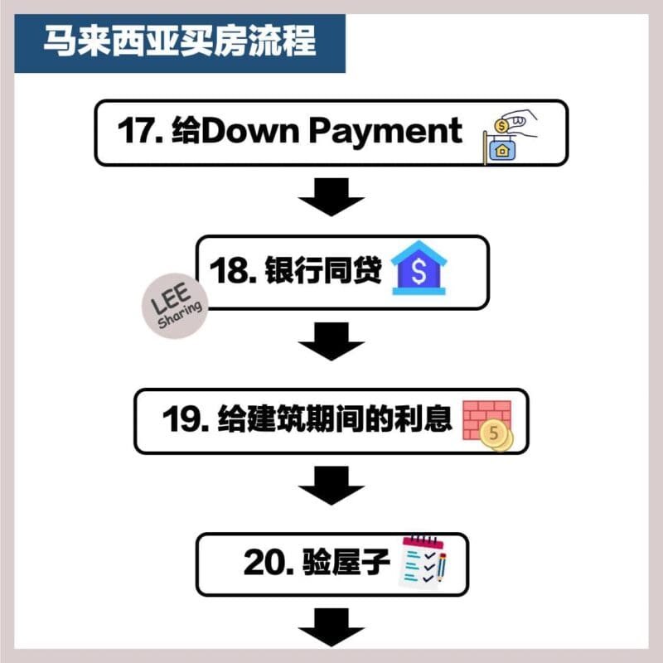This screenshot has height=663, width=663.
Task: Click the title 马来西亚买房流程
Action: click(x=180, y=41)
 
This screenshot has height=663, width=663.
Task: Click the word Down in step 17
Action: click(x=250, y=130)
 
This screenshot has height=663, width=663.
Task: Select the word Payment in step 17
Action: click(x=385, y=132)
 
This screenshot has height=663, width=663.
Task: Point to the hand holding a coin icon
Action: click(x=515, y=123)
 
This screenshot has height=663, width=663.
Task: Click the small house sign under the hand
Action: click(x=501, y=149)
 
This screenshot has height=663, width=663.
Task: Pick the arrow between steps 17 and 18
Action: click(x=331, y=197)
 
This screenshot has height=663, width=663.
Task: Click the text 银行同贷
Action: click(x=323, y=270)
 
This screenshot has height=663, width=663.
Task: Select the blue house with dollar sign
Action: click(x=419, y=268)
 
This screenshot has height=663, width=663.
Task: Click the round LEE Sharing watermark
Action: click(x=175, y=306)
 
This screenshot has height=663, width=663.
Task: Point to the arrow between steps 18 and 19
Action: click(x=331, y=341)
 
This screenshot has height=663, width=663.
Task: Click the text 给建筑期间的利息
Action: click(x=335, y=419)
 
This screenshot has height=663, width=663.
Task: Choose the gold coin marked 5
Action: click(x=495, y=434)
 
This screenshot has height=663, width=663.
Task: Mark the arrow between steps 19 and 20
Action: click(x=331, y=486)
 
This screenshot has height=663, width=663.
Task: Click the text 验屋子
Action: click(x=346, y=562)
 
